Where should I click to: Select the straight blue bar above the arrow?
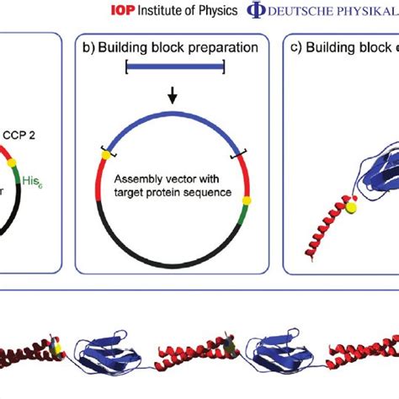click(174, 67)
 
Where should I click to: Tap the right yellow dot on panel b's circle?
click(247, 200)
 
